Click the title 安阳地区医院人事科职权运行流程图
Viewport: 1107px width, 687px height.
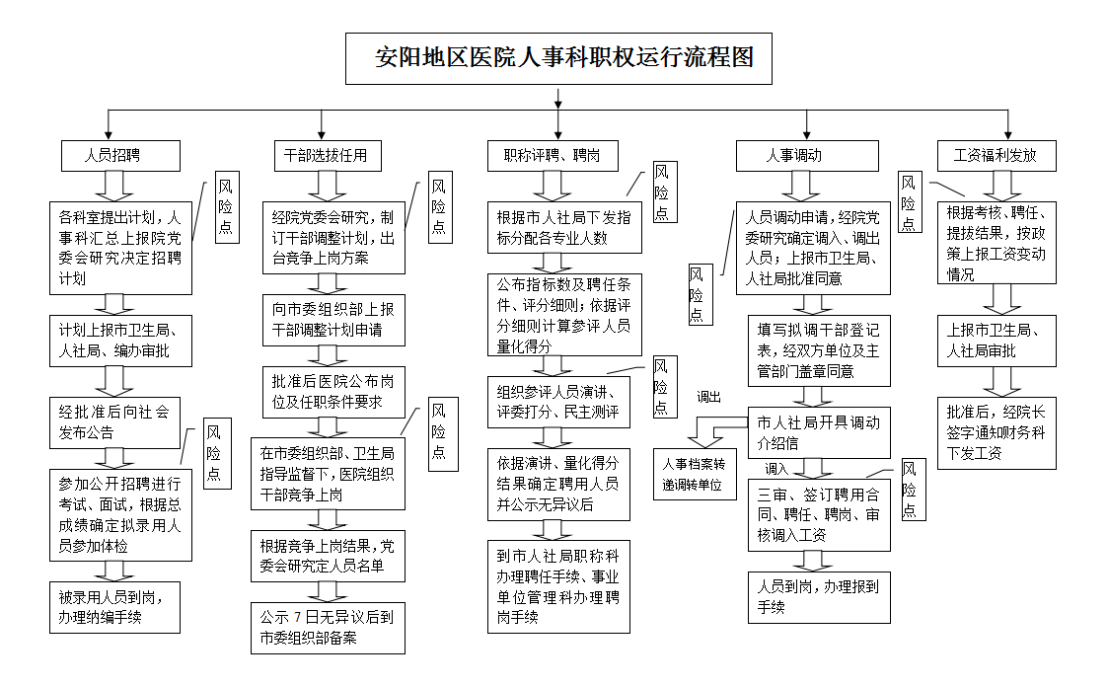(558, 58)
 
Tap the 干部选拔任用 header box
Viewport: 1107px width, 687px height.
(326, 156)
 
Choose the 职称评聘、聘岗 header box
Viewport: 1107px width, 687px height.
(559, 156)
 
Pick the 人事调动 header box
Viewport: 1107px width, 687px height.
(807, 156)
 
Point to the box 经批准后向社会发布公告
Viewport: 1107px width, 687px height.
(115, 422)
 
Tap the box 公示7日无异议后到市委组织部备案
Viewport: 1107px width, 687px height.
(328, 628)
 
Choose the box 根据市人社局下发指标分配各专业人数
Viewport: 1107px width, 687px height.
(564, 227)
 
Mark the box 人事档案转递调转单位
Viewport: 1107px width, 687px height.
(701, 474)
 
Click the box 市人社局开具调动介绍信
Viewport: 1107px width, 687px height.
(819, 433)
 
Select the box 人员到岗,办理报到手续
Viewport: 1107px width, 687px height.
(819, 596)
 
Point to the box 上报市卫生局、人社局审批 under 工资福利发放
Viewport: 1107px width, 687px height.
(996, 341)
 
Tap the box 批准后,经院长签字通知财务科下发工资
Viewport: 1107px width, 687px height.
(996, 432)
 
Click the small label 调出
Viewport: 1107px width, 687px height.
(709, 397)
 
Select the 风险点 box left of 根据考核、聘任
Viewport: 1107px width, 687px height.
(910, 202)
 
